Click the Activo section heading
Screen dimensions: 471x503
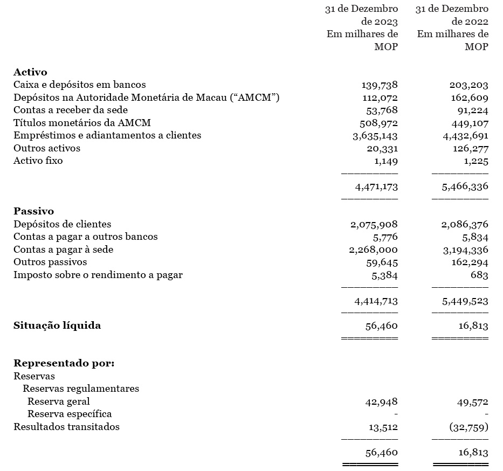click(x=30, y=72)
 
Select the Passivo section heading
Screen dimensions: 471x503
click(x=33, y=211)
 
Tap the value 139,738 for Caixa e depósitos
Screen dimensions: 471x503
click(x=379, y=85)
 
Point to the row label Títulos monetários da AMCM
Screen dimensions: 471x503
click(x=82, y=123)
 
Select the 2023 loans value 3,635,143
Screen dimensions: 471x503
click(x=375, y=136)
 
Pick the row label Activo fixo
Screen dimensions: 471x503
click(x=38, y=161)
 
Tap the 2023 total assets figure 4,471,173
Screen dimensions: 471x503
click(x=376, y=187)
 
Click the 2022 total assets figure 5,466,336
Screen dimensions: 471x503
click(x=465, y=187)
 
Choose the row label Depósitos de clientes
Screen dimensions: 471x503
click(x=62, y=224)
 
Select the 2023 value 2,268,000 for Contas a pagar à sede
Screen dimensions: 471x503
click(x=374, y=250)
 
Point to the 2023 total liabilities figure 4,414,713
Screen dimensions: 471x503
click(x=376, y=300)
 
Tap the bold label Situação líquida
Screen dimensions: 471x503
click(x=57, y=325)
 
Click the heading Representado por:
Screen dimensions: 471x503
click(x=64, y=363)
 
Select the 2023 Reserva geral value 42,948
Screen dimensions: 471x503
click(x=381, y=401)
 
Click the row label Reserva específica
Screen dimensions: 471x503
click(x=70, y=414)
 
